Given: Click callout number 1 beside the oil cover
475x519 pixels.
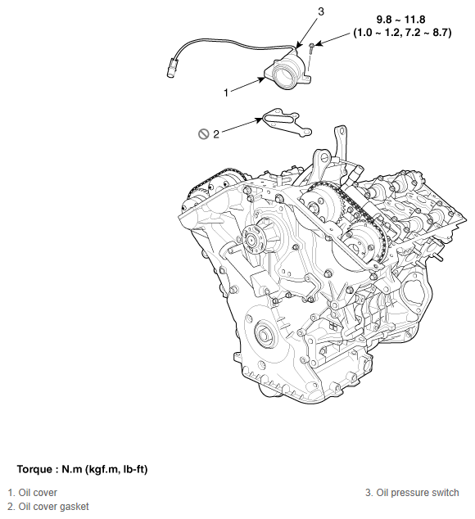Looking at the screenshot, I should tap(226, 93).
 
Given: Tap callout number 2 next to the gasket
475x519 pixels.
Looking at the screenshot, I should tap(216, 134).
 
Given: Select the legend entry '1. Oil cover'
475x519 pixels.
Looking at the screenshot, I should tap(33, 493).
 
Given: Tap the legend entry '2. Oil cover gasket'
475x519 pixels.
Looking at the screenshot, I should tap(48, 507).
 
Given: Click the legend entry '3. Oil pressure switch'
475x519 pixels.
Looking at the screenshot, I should tap(412, 493).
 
